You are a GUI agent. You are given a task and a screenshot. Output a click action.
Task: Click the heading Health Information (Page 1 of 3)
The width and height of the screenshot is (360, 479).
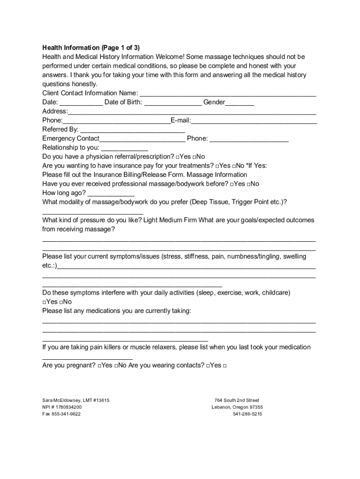point(91,48)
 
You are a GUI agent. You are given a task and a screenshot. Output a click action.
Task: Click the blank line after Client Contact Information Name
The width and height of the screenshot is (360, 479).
point(228,94)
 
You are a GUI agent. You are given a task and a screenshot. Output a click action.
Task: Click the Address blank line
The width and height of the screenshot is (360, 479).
point(192,112)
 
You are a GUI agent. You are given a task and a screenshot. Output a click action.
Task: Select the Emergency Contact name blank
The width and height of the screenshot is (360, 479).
point(142,139)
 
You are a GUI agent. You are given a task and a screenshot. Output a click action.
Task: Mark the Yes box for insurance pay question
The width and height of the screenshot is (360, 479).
point(217,166)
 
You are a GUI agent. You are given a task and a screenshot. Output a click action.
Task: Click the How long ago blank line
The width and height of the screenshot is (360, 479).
point(111,193)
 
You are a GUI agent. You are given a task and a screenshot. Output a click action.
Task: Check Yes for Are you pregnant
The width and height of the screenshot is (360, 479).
point(100,366)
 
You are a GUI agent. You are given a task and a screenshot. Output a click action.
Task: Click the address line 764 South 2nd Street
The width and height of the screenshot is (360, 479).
point(237,400)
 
